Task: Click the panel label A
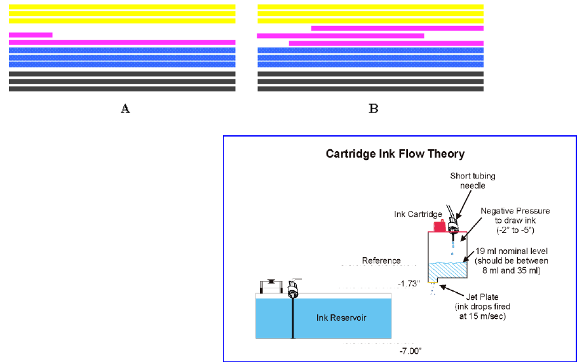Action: (x=125, y=109)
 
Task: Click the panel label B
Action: (x=374, y=109)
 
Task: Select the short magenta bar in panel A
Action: (x=31, y=35)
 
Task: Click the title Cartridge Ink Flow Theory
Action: (x=395, y=154)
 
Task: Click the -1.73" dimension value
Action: (x=409, y=284)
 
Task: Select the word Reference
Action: (x=381, y=260)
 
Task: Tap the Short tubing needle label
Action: (x=473, y=180)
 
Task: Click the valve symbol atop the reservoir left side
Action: (x=271, y=285)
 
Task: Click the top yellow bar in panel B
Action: (x=370, y=7)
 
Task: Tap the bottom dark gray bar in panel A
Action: (x=122, y=89)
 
